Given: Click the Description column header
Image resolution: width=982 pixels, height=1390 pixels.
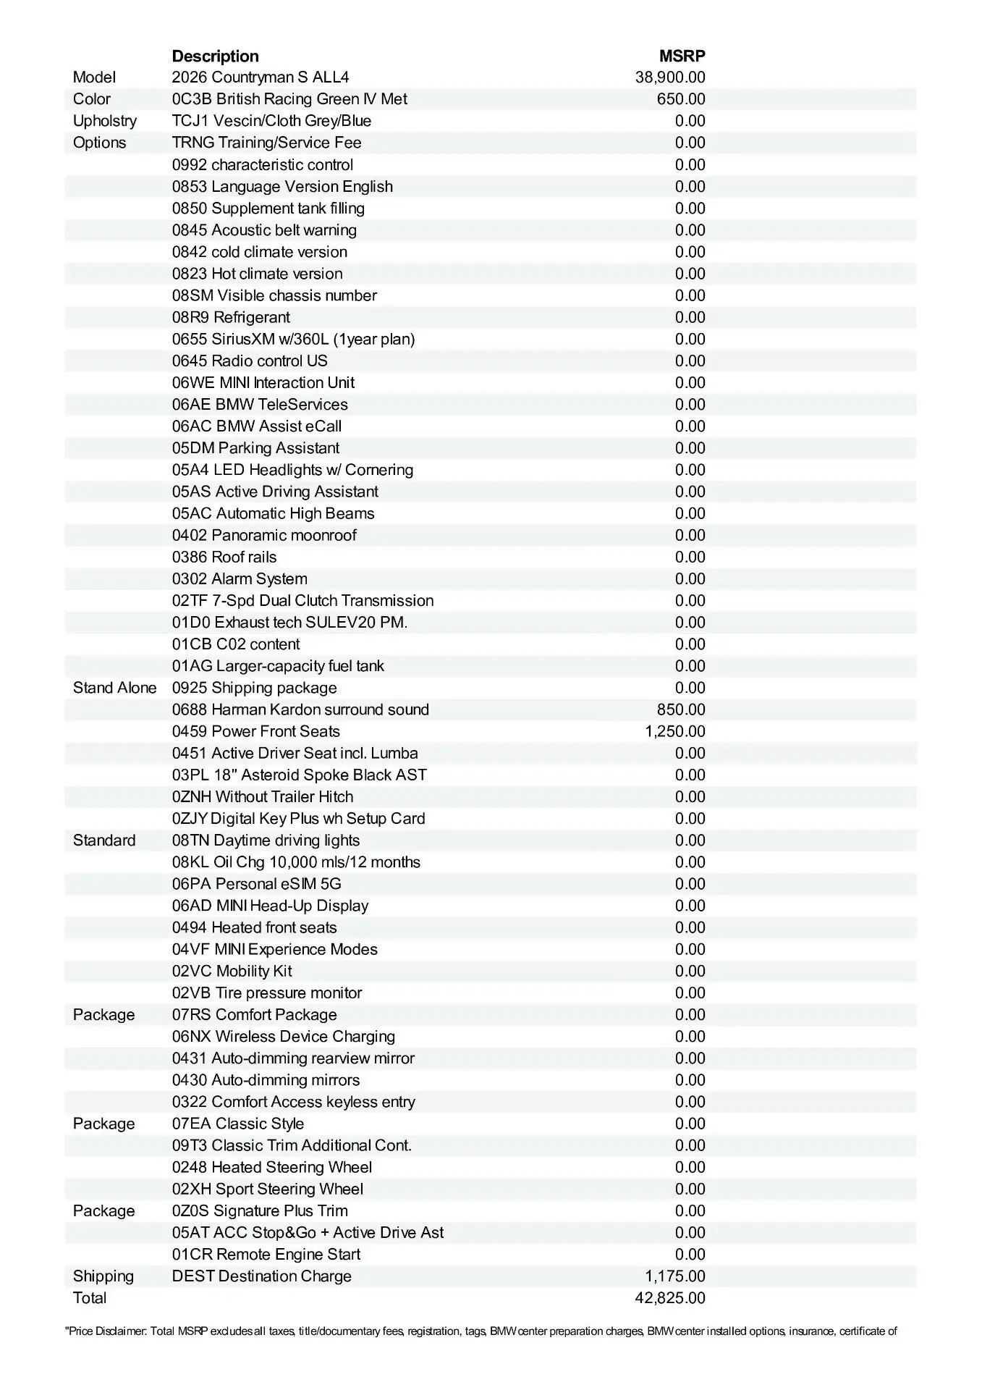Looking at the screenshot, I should pos(215,56).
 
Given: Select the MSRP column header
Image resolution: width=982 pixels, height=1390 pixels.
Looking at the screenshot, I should pos(682,56).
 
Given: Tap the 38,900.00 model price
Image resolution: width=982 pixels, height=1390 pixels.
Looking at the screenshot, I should pos(670,77).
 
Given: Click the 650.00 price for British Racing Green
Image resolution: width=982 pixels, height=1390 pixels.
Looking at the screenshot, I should pos(681,99).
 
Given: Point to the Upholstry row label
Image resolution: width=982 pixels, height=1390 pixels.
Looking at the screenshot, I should pos(105,121).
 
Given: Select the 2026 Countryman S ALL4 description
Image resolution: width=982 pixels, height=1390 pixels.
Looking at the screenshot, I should pos(261,77).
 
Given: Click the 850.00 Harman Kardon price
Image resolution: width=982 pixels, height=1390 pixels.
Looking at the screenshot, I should pos(681,709).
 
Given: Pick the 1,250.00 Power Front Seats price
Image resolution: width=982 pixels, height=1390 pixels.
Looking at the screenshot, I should pos(674,731).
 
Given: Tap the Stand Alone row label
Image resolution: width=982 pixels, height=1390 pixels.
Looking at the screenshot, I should pos(114,688).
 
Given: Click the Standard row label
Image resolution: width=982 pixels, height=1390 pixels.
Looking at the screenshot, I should pos(104,841).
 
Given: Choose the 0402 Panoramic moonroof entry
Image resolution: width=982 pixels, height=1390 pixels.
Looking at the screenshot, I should pos(264,535).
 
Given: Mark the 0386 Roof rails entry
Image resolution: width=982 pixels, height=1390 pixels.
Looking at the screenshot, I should pos(224,557).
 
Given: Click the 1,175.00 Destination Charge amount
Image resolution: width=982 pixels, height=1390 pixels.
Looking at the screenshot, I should pos(674,1276).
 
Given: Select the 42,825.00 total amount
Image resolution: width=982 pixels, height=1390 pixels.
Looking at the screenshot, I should pos(670,1298).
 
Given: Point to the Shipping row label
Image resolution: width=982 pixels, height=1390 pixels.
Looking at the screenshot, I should pos(103,1276).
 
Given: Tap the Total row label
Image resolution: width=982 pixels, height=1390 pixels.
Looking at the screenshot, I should pos(90,1298).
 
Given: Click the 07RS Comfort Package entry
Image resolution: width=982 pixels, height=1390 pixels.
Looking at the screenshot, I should pos(255,1015).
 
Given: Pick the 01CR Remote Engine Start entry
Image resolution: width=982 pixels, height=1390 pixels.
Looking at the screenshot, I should pos(266,1255).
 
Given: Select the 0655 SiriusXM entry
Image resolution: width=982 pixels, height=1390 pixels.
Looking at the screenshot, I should pos(293,339).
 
